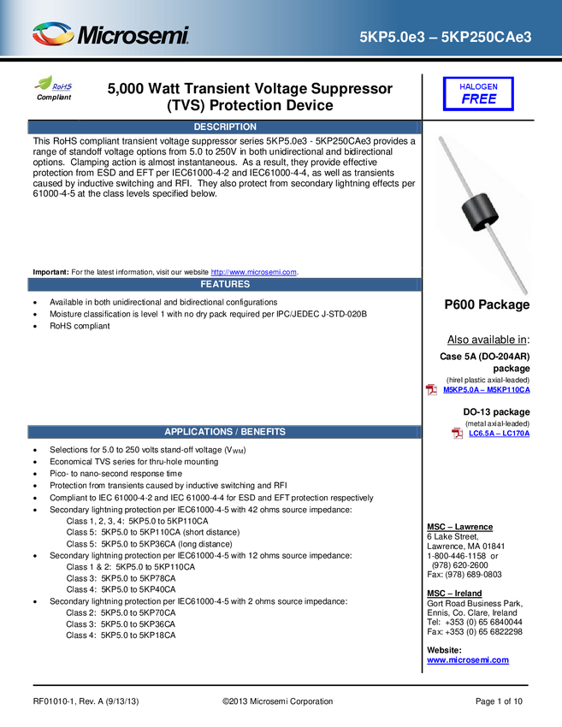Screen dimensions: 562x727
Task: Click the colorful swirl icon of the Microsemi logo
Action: [52, 34]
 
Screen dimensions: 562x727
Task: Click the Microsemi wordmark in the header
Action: [133, 36]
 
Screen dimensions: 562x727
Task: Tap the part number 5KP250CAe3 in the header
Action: [486, 37]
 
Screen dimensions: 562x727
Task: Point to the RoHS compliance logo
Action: [54, 86]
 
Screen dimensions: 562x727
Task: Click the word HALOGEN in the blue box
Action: [478, 86]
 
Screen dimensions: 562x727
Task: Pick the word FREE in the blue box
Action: [478, 99]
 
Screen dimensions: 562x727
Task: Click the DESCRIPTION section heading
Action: [225, 127]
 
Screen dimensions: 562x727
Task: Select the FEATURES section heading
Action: [225, 284]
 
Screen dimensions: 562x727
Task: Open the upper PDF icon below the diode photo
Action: [432, 390]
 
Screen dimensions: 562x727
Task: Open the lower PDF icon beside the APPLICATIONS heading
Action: [458, 433]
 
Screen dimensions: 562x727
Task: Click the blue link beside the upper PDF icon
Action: [485, 390]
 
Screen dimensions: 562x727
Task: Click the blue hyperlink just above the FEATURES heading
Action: [254, 272]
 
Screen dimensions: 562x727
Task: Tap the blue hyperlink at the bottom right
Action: [468, 660]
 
